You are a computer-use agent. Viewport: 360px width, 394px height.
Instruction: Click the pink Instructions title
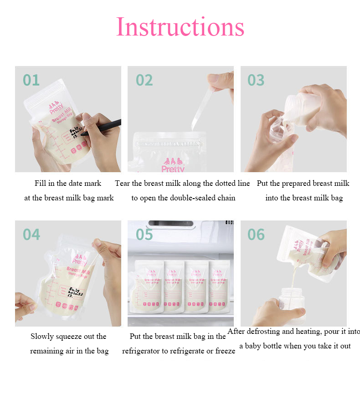tap(180, 27)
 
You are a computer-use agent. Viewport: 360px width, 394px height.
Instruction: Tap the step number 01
tap(31, 80)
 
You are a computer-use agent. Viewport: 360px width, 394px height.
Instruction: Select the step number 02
tap(144, 80)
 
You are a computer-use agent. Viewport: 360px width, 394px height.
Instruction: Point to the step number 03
tap(256, 80)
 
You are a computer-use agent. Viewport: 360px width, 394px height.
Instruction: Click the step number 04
tap(31, 234)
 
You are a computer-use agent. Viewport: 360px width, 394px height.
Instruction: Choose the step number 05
tap(144, 234)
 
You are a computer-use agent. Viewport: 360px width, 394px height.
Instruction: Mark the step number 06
tap(256, 234)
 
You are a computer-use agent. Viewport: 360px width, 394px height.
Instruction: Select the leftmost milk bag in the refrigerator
tap(146, 287)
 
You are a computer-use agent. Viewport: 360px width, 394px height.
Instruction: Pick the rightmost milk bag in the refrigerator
tap(221, 287)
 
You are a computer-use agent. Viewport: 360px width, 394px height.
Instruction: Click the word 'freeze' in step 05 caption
tap(225, 351)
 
